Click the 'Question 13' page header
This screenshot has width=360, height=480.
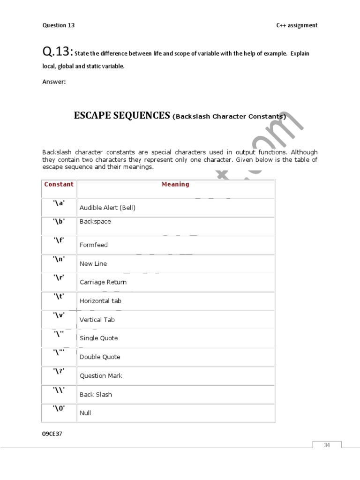59,25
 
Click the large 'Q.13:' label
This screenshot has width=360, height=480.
58,52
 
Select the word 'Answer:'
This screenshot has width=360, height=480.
54,82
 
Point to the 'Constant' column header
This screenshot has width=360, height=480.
59,184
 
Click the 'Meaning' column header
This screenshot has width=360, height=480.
175,184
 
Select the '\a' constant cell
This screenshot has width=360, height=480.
59,203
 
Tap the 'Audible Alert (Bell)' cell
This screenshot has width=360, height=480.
107,208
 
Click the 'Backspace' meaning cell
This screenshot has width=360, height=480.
95,221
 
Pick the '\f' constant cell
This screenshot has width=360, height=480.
59,240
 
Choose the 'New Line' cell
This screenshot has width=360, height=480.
93,263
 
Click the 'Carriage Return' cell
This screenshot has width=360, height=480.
103,282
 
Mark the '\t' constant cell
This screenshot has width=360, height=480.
59,296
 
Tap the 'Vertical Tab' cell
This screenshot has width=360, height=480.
97,320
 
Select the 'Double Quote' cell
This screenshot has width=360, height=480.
100,357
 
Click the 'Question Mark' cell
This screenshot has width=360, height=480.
101,375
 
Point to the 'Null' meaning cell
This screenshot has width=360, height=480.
85,413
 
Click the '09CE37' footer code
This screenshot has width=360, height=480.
52,434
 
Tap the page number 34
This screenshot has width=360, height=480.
327,445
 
